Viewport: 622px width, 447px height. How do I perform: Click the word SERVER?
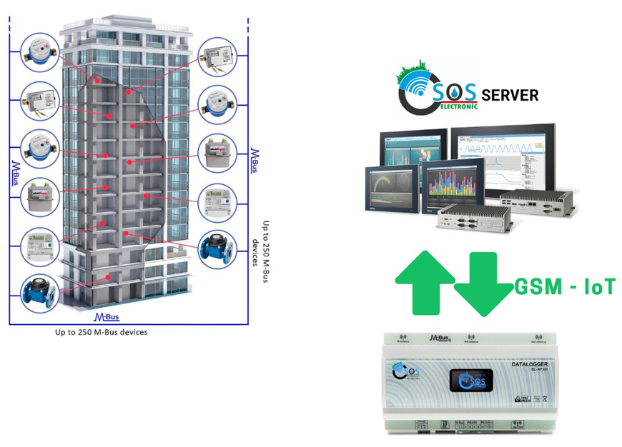click(x=510, y=95)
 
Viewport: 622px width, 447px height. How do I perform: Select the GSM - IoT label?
click(x=565, y=287)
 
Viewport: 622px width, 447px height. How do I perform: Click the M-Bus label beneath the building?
click(x=107, y=316)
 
